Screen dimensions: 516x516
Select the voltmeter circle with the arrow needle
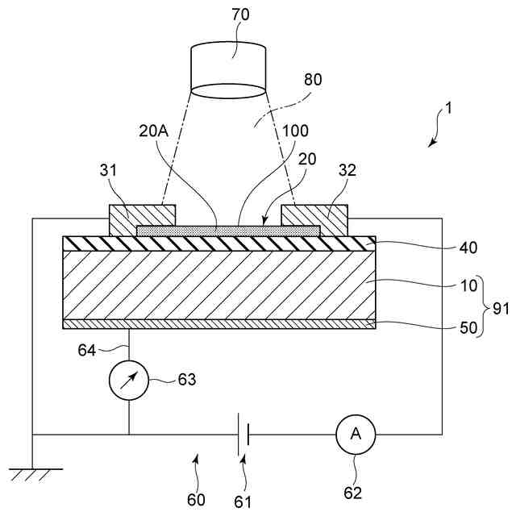point(129,378)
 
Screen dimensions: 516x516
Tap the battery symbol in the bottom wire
point(243,434)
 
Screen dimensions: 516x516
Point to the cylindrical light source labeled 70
point(228,69)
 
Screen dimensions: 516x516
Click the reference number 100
point(296,131)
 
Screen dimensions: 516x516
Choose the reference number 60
point(196,500)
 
